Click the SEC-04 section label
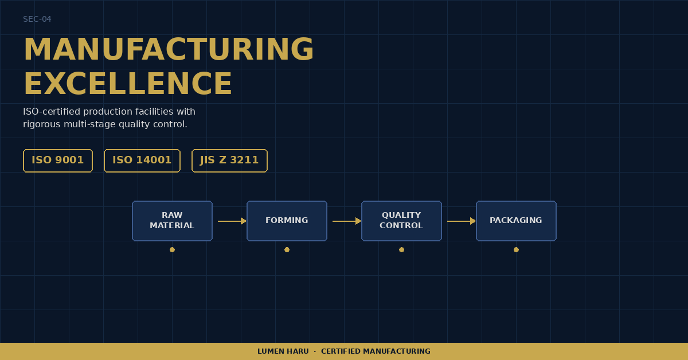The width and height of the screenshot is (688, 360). (x=37, y=19)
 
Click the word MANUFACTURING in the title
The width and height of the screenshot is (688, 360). (x=169, y=49)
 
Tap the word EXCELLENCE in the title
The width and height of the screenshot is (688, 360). (x=128, y=84)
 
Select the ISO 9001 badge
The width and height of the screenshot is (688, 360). (x=58, y=161)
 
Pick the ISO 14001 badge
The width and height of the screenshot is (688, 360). (x=142, y=161)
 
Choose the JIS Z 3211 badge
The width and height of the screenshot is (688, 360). (x=229, y=161)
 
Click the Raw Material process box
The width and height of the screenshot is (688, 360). (x=173, y=221)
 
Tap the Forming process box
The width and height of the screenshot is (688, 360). (x=287, y=221)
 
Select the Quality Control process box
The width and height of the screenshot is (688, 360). (x=401, y=221)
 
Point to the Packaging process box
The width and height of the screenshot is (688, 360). (x=516, y=221)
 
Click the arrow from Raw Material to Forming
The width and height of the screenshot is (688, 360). (x=232, y=221)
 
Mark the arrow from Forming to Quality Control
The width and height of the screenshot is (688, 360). (x=347, y=221)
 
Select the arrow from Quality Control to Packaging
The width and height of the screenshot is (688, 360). (x=462, y=221)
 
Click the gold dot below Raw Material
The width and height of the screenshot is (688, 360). (x=173, y=250)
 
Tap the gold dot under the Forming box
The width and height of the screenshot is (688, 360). (x=287, y=250)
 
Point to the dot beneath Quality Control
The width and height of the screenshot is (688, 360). (x=401, y=250)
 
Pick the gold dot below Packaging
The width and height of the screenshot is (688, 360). (x=516, y=250)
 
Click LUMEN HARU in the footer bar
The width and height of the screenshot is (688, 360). (x=283, y=351)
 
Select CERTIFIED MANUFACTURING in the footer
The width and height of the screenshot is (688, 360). (x=376, y=351)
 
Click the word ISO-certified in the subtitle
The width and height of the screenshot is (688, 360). (x=52, y=112)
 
